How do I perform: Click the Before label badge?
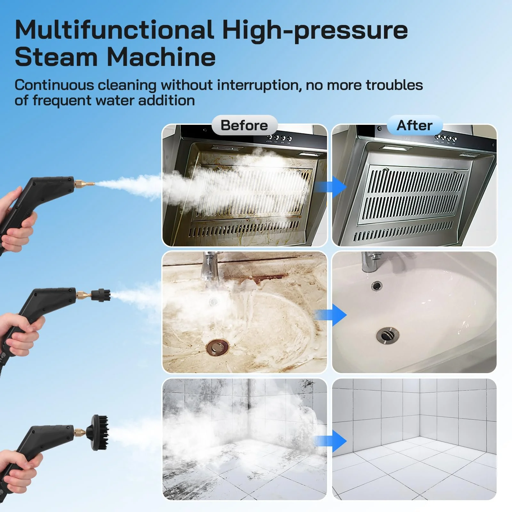[244, 125]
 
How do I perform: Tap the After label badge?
[415, 125]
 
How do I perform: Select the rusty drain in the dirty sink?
[218, 347]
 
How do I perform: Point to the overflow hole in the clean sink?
[377, 285]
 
